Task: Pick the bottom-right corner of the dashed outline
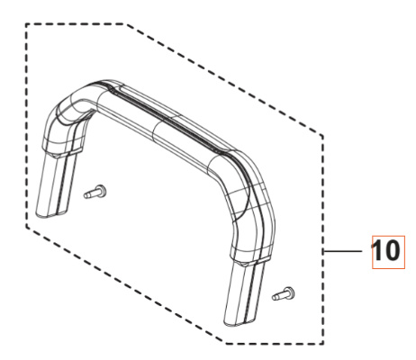coord(324,342)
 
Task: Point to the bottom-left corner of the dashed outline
coord(28,228)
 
